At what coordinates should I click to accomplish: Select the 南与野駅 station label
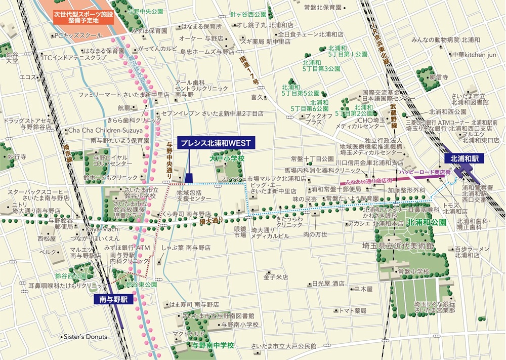[114, 299]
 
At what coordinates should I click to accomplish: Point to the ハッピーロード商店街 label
[424, 173]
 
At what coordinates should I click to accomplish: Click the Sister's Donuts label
[85, 337]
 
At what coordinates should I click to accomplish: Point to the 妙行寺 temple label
[17, 157]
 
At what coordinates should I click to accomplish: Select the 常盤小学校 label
[413, 272]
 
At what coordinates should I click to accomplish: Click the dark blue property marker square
[188, 177]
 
